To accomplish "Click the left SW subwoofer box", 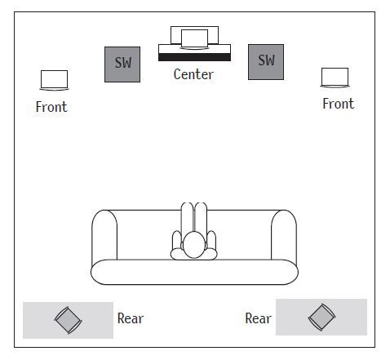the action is pyautogui.click(x=122, y=64).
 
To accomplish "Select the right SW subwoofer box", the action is pyautogui.click(x=266, y=62).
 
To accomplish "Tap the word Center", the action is pyautogui.click(x=193, y=74).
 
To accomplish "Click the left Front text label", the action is pyautogui.click(x=51, y=107).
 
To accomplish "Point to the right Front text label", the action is pyautogui.click(x=339, y=104).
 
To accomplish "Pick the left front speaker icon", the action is pyautogui.click(x=54, y=80).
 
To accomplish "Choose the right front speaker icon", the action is pyautogui.click(x=335, y=78).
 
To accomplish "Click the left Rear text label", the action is pyautogui.click(x=131, y=318).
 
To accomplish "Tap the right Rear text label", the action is pyautogui.click(x=258, y=318).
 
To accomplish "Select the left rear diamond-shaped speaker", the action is pyautogui.click(x=68, y=320).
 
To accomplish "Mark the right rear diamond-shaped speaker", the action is pyautogui.click(x=321, y=318).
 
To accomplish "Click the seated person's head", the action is pyautogui.click(x=194, y=245).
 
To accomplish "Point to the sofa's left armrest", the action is pyautogui.click(x=104, y=235).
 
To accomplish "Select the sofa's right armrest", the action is pyautogui.click(x=284, y=235).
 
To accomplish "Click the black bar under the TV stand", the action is pyautogui.click(x=194, y=57).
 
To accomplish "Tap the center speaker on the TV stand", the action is pyautogui.click(x=194, y=39).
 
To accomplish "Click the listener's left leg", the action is pyautogui.click(x=188, y=219).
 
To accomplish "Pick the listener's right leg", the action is pyautogui.click(x=201, y=219).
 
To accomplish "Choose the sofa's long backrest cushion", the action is pyautogui.click(x=194, y=272).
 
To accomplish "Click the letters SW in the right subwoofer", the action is pyautogui.click(x=267, y=60).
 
